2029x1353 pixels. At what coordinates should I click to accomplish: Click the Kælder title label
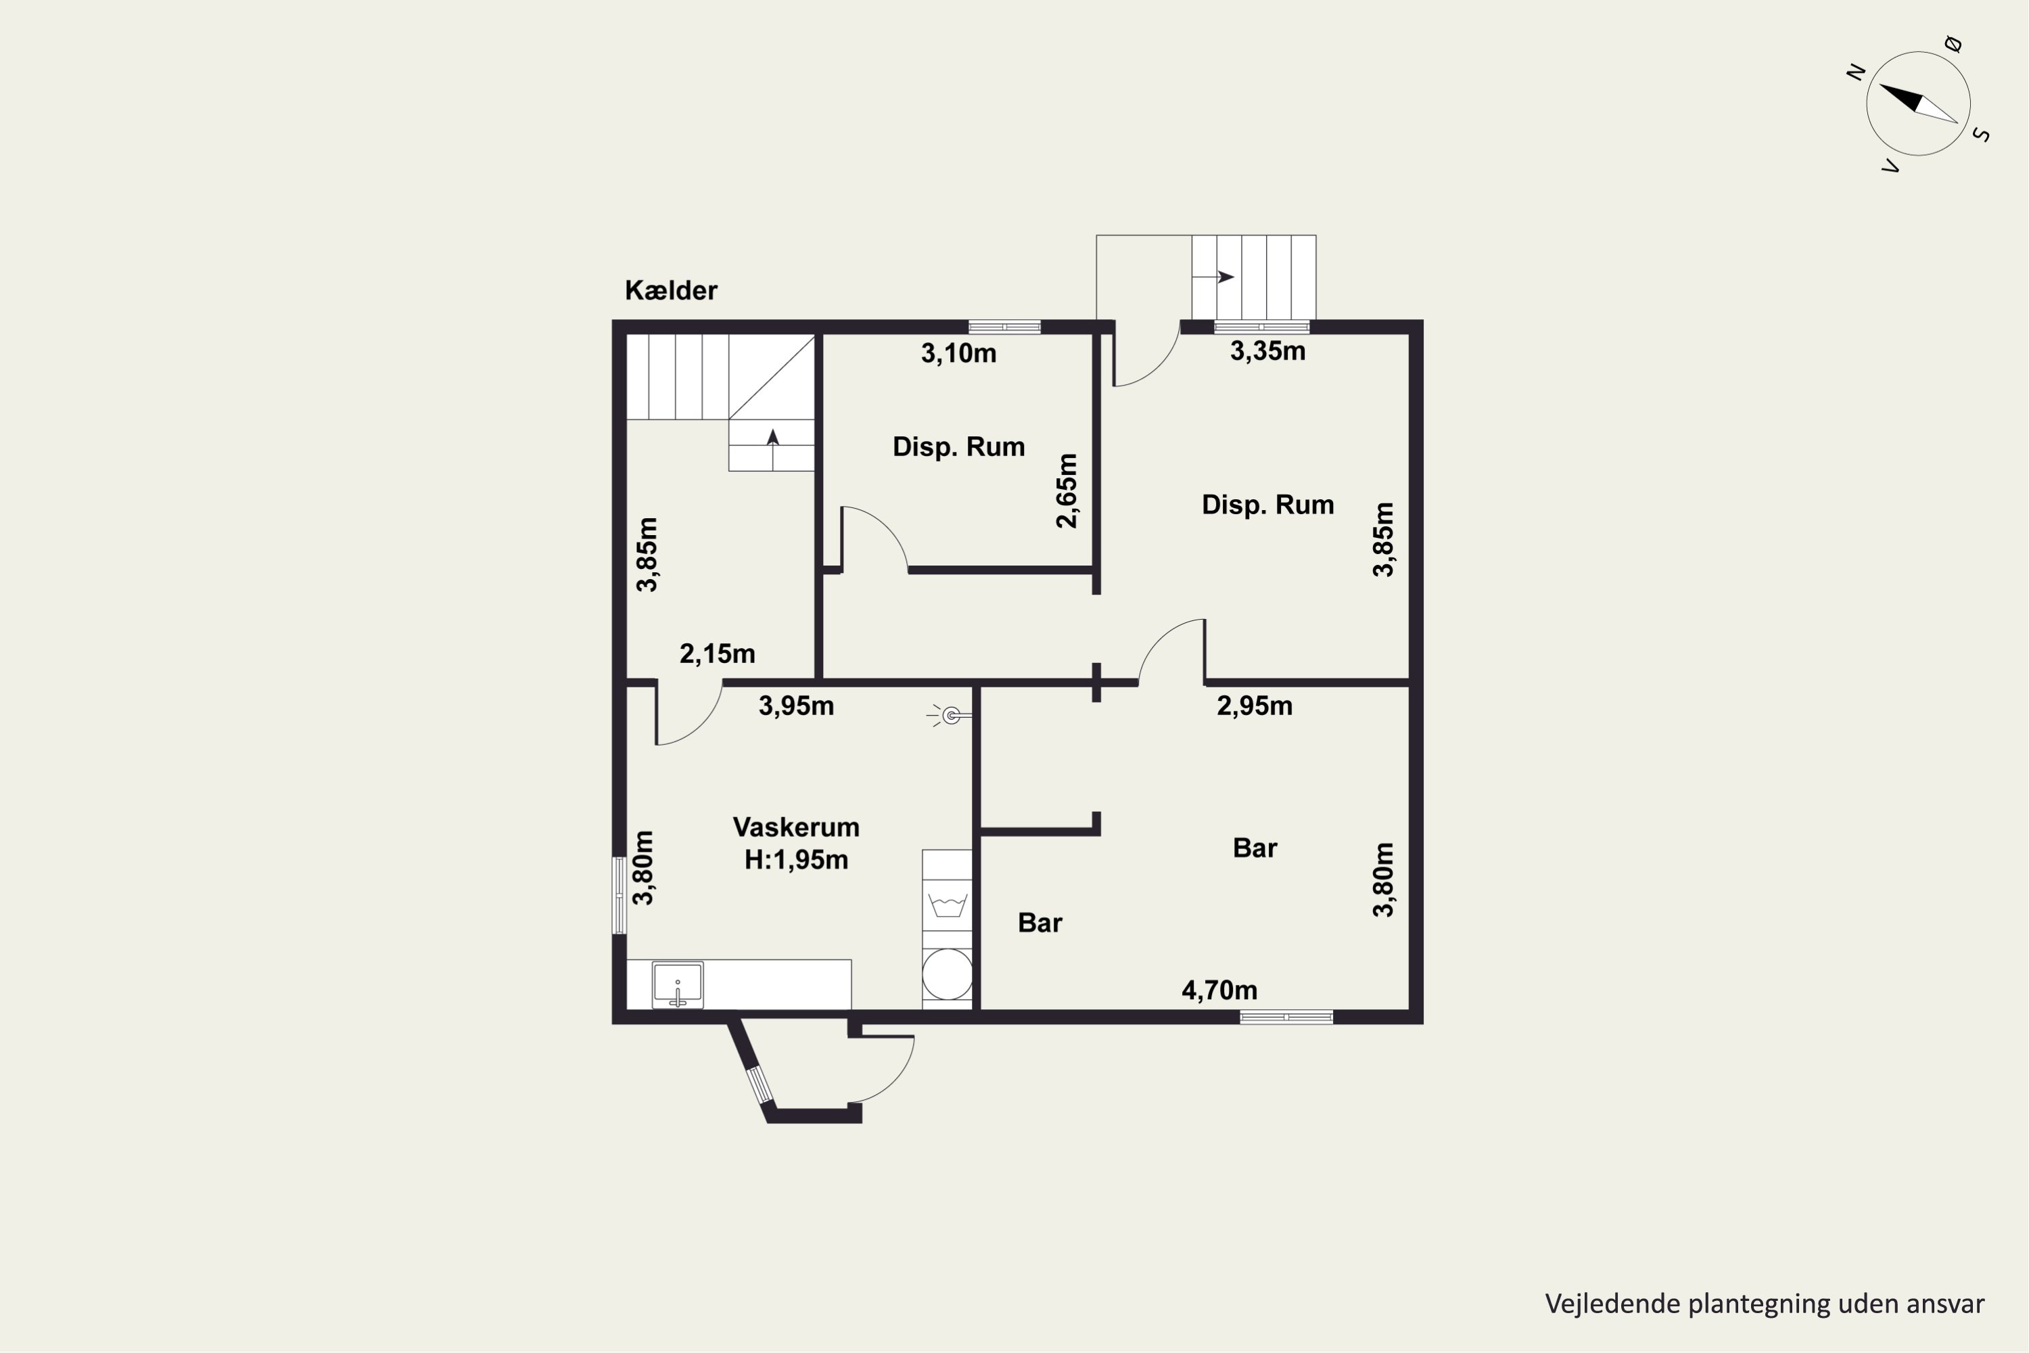670,290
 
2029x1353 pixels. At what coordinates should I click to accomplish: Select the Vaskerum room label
795,827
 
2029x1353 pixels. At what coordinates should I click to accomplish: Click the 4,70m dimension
1219,990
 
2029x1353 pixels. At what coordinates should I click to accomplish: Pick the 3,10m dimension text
958,353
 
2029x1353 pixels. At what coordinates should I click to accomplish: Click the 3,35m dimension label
1267,351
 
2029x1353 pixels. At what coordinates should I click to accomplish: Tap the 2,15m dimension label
717,654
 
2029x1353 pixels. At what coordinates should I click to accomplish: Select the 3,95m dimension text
796,706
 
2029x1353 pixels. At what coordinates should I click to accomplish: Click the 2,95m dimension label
1255,706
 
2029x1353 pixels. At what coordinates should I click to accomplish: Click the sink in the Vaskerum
678,984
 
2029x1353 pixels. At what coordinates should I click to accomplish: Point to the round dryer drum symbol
948,975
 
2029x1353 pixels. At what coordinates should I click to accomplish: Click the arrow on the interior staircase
773,438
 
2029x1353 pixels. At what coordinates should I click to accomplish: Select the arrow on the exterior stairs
1214,277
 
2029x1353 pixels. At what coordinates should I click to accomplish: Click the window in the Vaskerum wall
619,895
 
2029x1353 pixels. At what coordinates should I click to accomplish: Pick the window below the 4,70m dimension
1286,1017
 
